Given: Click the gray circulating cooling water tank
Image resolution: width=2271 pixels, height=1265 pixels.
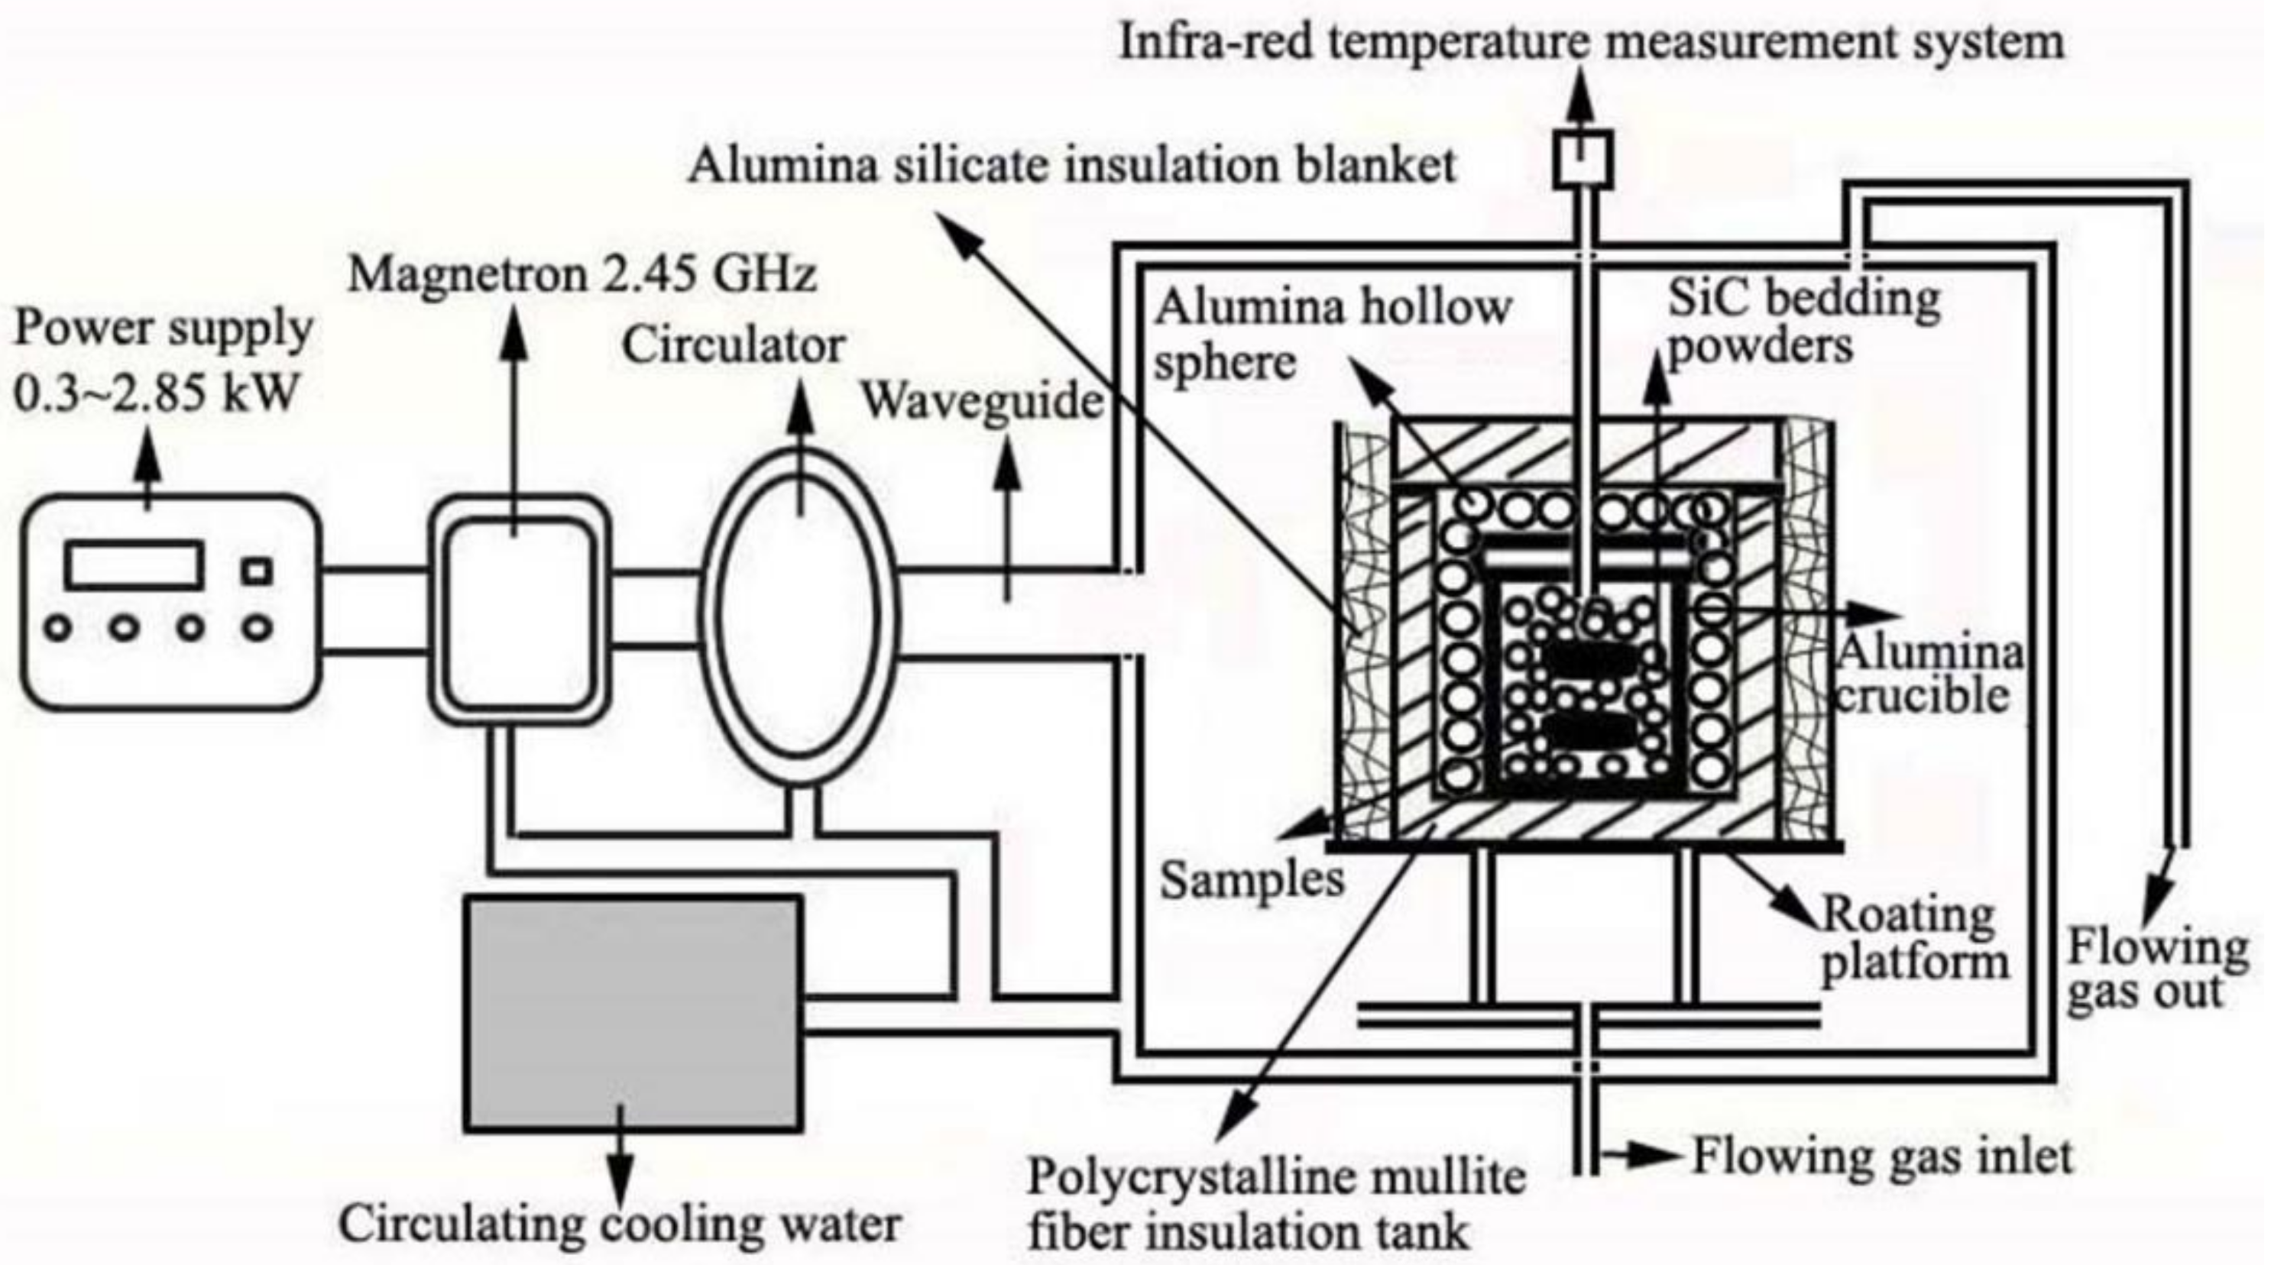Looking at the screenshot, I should (633, 1013).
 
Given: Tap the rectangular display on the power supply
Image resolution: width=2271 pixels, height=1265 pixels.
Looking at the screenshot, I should (133, 565).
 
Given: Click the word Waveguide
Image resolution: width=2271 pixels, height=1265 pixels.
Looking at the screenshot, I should (981, 401).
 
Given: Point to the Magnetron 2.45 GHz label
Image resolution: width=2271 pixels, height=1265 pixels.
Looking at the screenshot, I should (582, 274).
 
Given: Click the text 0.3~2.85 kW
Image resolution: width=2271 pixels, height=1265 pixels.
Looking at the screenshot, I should (156, 393).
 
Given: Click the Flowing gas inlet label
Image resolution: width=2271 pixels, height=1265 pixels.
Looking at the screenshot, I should (1881, 1156).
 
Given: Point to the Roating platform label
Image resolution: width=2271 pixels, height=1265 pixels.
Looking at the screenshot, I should (1913, 938).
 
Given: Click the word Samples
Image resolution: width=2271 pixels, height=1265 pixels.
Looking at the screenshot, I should (1251, 880).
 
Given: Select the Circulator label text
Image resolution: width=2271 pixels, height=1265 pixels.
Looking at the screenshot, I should (734, 345).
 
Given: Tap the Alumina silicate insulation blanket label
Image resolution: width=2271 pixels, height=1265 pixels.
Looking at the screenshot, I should (1071, 166).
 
